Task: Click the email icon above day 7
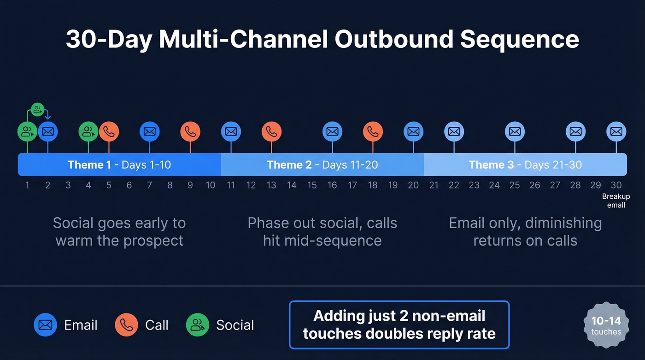point(149,132)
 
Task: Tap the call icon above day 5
point(109,132)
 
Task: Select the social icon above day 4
point(88,132)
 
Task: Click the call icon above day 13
point(271,132)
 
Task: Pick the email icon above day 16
point(332,132)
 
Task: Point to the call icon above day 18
point(373,132)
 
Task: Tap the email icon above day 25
point(515,132)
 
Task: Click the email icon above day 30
point(616,132)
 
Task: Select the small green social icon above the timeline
point(37,110)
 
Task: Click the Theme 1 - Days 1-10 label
point(119,165)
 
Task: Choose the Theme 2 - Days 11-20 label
point(322,165)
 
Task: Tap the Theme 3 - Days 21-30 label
point(525,165)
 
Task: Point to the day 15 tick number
point(312,185)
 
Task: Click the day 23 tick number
point(474,185)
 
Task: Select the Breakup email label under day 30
point(616,201)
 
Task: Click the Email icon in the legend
point(45,325)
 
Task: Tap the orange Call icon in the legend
point(126,325)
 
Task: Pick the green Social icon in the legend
point(198,325)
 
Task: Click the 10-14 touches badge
point(606,325)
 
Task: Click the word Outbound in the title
point(394,39)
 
